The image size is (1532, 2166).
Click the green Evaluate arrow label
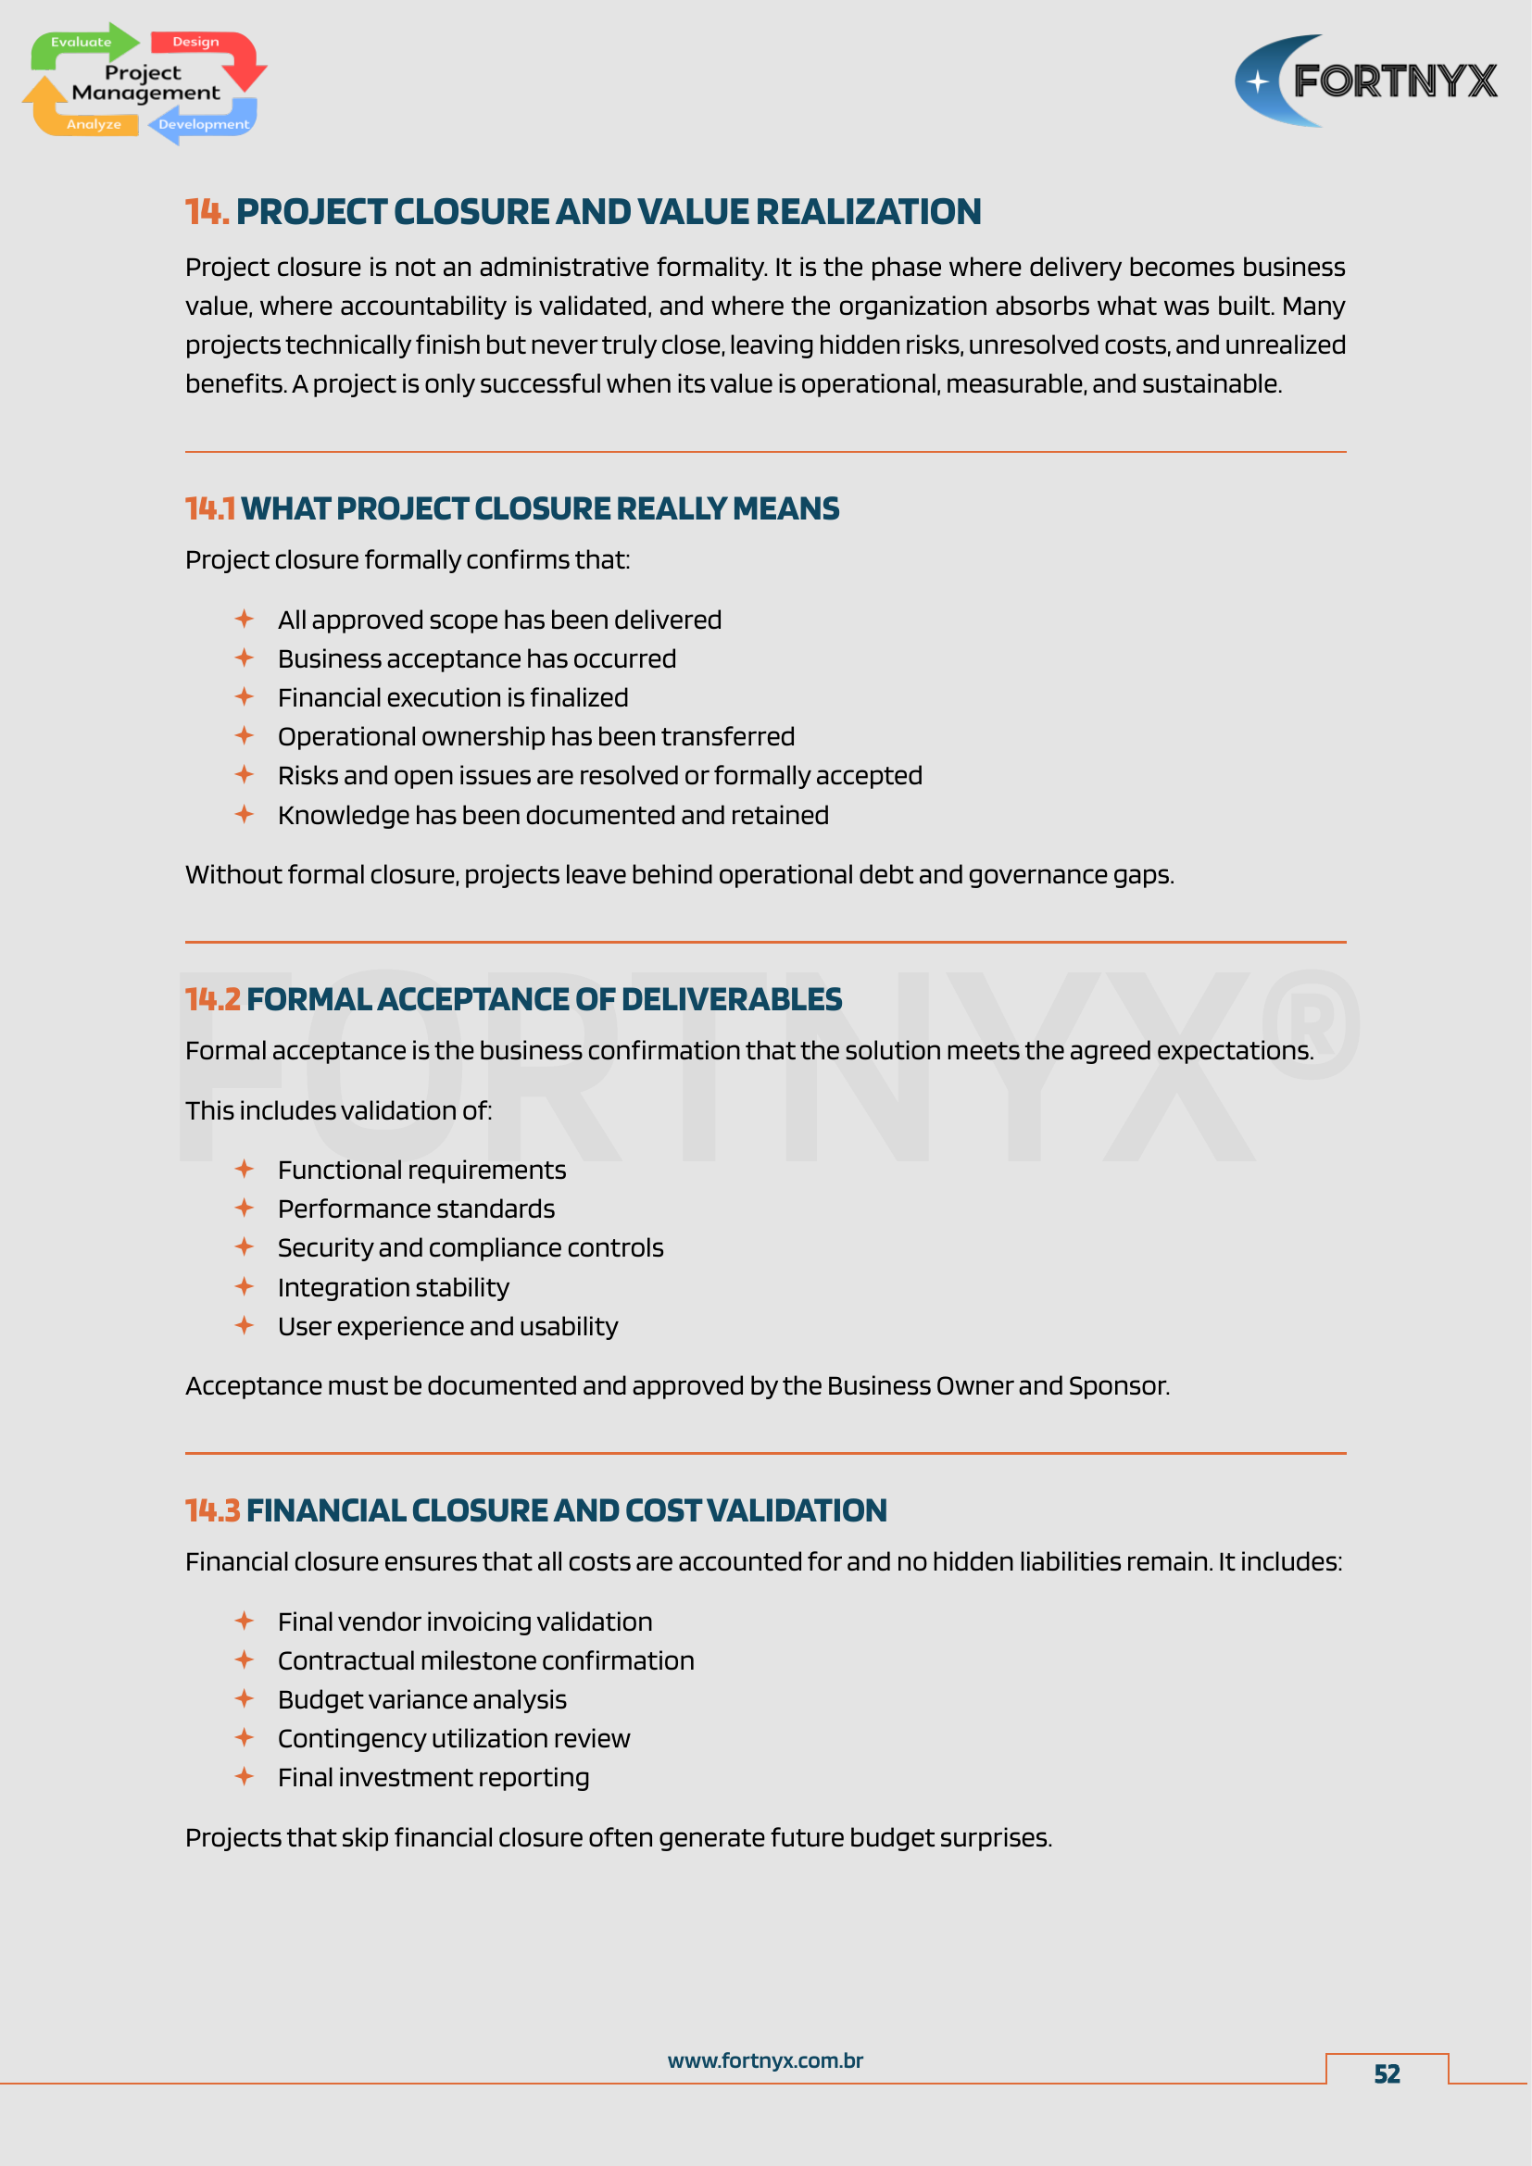[x=82, y=43]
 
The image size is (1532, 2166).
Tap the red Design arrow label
[x=195, y=43]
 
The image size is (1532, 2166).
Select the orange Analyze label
[x=94, y=124]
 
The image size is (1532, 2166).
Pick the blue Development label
[x=204, y=124]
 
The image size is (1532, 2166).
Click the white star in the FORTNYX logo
[x=1258, y=82]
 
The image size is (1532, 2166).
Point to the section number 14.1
[x=209, y=509]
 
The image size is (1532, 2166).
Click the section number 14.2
[x=212, y=1000]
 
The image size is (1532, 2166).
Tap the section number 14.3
[x=212, y=1511]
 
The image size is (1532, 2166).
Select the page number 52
[x=1387, y=2074]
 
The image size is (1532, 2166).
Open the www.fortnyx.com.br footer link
[x=765, y=2061]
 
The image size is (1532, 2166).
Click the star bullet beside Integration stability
[x=245, y=1287]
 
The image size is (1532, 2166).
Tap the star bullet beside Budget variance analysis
[x=245, y=1699]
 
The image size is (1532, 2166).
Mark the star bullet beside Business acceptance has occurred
[x=245, y=657]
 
